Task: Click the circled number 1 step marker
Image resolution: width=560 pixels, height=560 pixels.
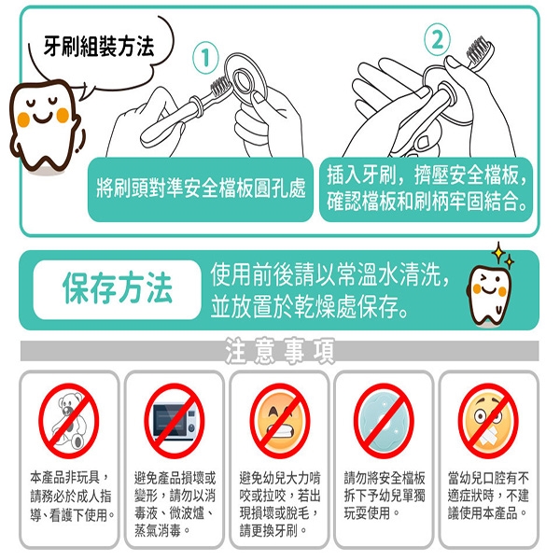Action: click(205, 57)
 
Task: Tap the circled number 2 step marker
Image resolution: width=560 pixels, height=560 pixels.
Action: click(437, 39)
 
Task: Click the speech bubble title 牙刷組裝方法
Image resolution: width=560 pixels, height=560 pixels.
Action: click(99, 47)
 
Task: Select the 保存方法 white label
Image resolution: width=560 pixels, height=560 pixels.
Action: click(118, 289)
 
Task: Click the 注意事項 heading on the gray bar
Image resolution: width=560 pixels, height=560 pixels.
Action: click(280, 351)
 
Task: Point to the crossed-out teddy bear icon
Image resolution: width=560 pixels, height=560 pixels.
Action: click(68, 420)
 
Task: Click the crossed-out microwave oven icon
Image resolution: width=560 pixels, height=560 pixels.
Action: click(175, 420)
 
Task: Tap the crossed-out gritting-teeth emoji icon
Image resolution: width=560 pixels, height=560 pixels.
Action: click(280, 420)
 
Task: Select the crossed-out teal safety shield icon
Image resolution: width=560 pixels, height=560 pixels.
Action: click(384, 420)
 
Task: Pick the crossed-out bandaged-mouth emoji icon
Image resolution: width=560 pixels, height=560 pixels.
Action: click(488, 420)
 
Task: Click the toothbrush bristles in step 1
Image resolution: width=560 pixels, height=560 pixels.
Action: click(218, 87)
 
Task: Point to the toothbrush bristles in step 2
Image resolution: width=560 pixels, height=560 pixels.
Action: click(479, 49)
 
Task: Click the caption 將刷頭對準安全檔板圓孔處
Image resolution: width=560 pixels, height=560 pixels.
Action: click(201, 188)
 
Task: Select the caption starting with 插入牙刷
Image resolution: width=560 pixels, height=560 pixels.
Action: click(427, 189)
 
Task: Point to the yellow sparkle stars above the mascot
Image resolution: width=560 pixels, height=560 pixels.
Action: click(503, 255)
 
